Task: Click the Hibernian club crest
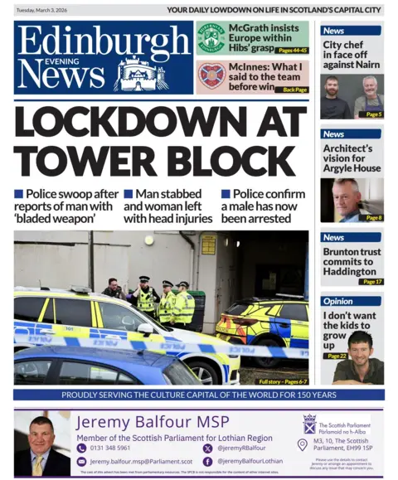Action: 211,37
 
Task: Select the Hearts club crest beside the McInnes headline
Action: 211,76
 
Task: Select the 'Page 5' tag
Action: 372,114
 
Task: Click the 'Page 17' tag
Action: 371,282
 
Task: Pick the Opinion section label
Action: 338,302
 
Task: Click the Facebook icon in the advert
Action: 208,461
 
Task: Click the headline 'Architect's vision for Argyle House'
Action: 348,158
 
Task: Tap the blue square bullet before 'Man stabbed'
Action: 129,194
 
